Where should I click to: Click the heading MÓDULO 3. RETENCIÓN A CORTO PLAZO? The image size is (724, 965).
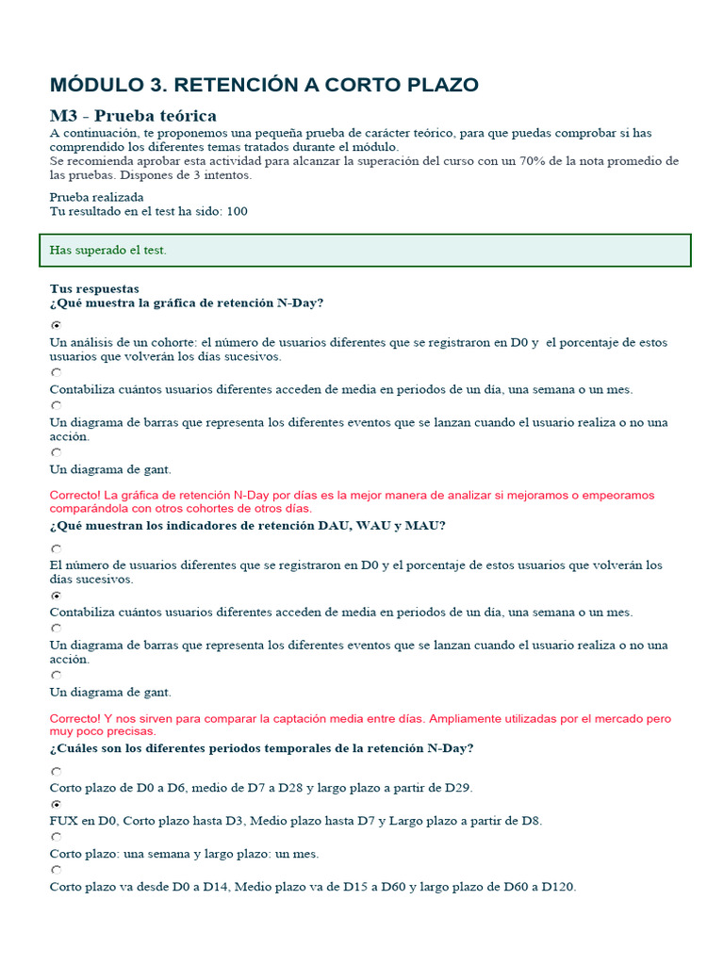264,85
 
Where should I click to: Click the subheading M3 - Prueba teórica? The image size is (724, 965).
133,116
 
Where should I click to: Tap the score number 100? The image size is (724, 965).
237,211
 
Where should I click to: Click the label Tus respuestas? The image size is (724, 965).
94,288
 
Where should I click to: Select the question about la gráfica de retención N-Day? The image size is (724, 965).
187,303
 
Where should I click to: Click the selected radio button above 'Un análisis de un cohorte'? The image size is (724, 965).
56,324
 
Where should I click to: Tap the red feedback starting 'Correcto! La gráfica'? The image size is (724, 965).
352,501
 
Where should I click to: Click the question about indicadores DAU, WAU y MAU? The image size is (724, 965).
247,525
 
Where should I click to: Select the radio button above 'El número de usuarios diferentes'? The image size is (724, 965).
56,548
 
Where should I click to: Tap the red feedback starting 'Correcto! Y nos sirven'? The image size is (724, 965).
360,725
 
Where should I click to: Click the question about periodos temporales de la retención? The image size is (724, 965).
261,748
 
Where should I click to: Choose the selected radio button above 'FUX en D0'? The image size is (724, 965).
56,805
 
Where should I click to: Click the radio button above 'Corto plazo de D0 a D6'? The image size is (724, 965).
56,771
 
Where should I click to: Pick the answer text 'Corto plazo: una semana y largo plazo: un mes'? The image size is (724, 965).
184,854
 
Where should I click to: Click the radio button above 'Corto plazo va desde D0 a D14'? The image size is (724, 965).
56,870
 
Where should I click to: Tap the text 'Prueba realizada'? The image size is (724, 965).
96,197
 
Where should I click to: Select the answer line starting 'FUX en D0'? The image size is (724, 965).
295,821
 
